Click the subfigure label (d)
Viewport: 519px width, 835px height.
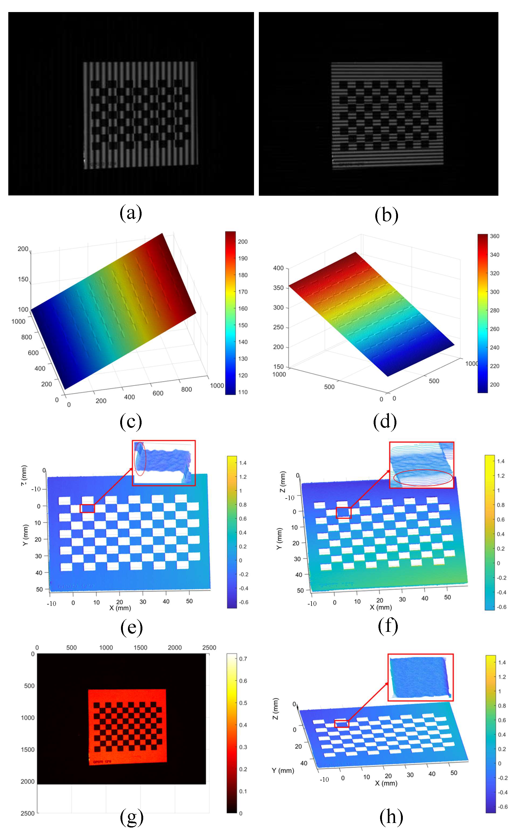pyautogui.click(x=385, y=422)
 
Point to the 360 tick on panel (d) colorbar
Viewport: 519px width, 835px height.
pyautogui.click(x=494, y=236)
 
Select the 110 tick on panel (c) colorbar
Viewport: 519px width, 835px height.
pyautogui.click(x=243, y=392)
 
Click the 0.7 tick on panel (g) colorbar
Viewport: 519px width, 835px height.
pyautogui.click(x=243, y=659)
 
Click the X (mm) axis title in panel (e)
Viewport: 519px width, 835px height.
pyautogui.click(x=120, y=608)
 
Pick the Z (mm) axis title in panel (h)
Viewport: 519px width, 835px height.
pyautogui.click(x=276, y=709)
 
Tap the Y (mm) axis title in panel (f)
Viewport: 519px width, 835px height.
pyautogui.click(x=279, y=539)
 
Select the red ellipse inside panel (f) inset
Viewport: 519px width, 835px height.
pyautogui.click(x=423, y=478)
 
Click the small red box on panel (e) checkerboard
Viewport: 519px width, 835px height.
pyautogui.click(x=87, y=508)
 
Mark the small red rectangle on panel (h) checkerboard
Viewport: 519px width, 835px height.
pyautogui.click(x=342, y=724)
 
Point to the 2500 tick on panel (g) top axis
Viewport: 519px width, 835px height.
pyautogui.click(x=209, y=648)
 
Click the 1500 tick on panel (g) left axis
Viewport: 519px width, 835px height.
pyautogui.click(x=28, y=750)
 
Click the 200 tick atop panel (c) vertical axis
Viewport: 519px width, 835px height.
pyautogui.click(x=23, y=249)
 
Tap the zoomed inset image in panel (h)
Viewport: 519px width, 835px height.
pyautogui.click(x=420, y=677)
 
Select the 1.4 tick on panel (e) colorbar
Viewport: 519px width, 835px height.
pyautogui.click(x=243, y=463)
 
